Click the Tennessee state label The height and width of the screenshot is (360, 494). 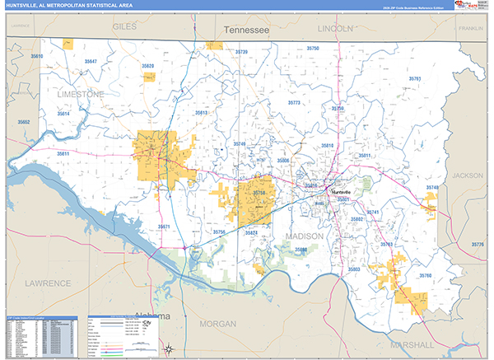click(x=247, y=30)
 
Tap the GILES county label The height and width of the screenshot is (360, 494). click(x=124, y=27)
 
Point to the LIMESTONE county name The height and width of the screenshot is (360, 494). click(x=81, y=95)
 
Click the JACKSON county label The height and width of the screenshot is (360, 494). click(x=468, y=175)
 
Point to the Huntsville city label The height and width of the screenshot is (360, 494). click(x=346, y=191)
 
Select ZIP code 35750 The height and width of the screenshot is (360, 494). click(x=312, y=49)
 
